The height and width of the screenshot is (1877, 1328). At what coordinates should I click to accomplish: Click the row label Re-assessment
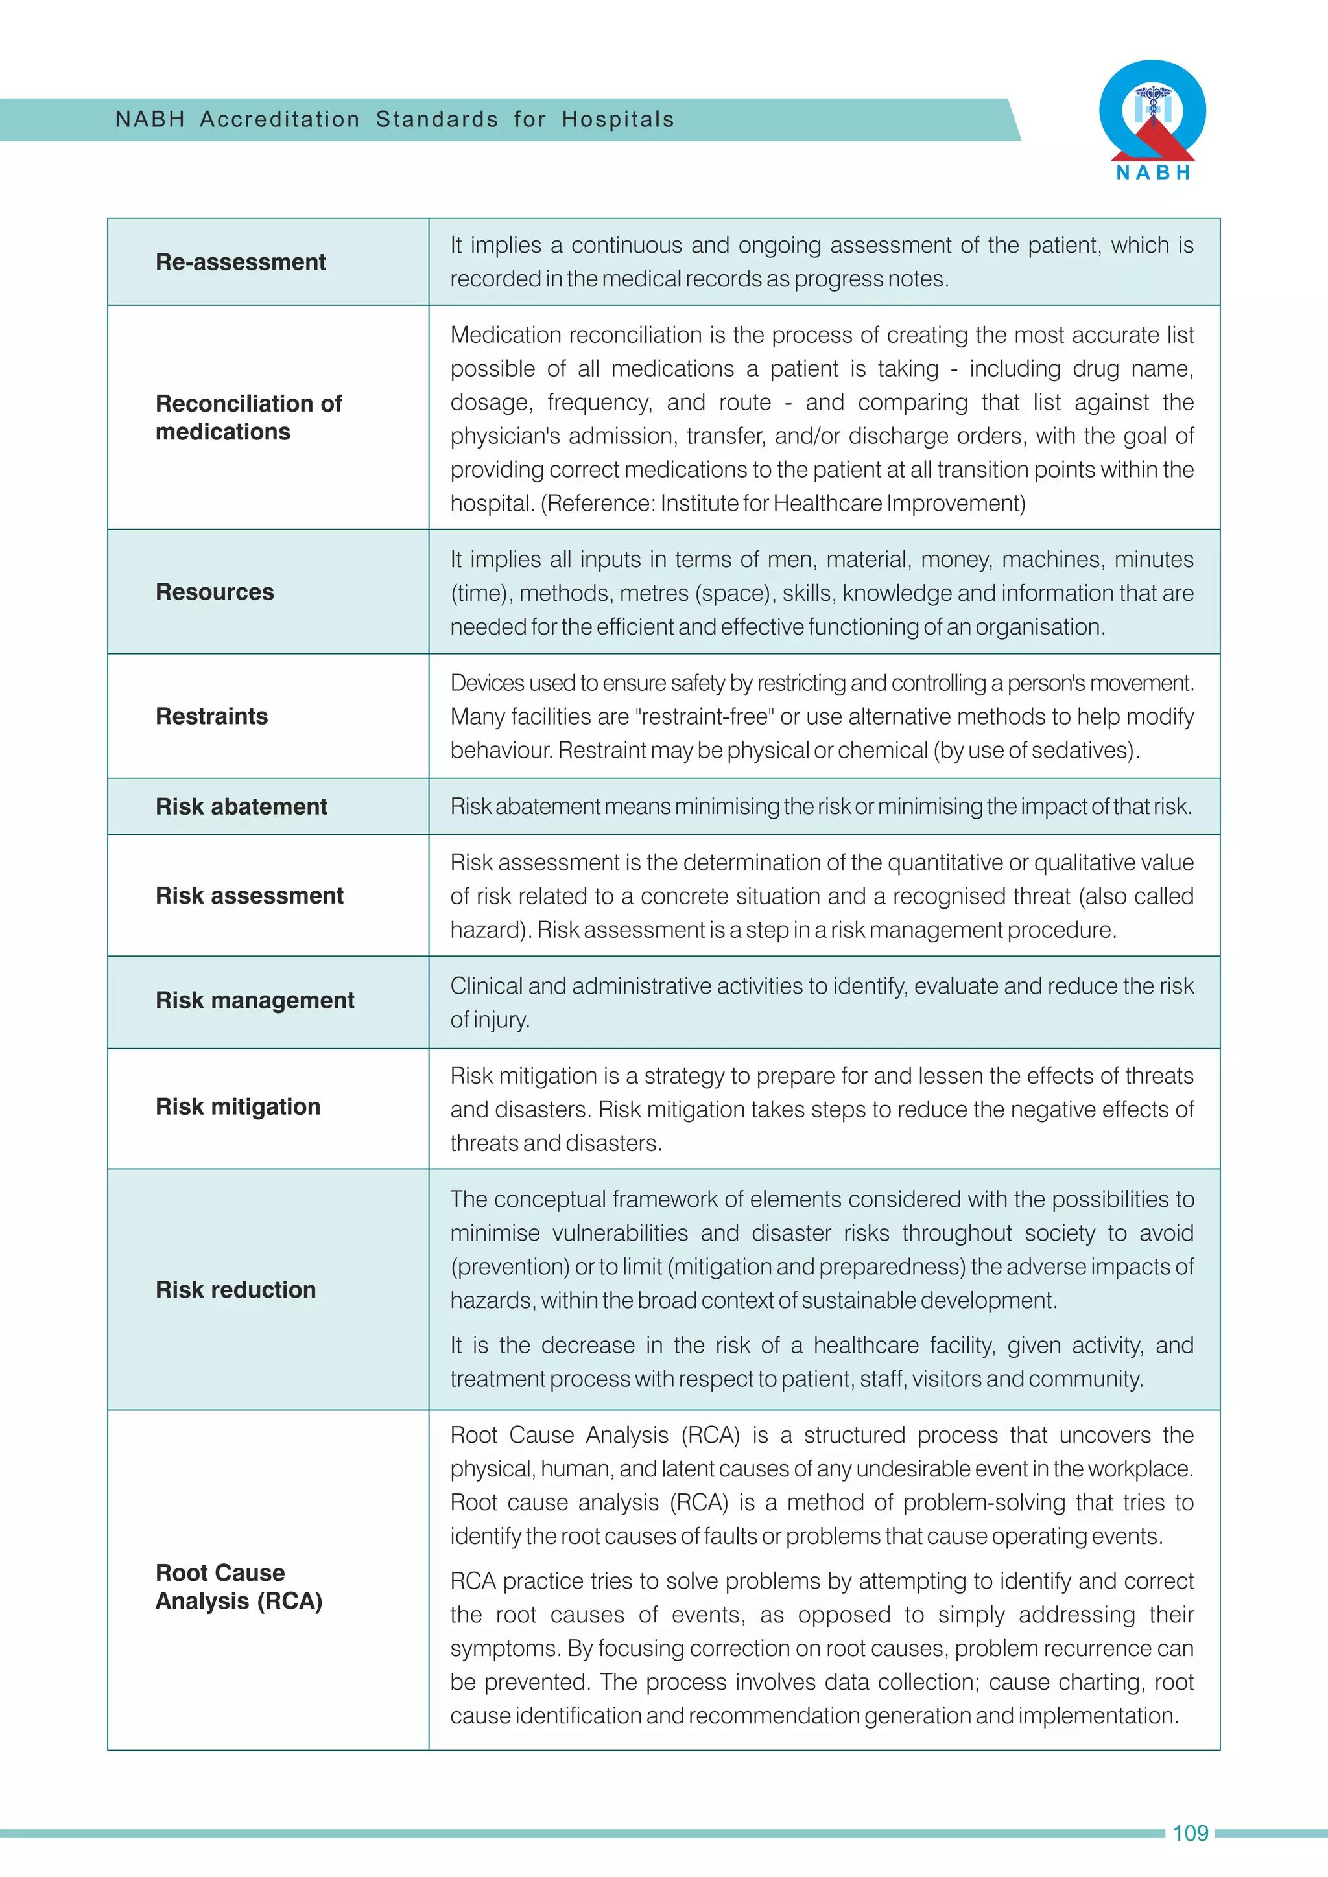click(x=241, y=262)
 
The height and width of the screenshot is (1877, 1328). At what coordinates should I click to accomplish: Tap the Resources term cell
click(x=215, y=592)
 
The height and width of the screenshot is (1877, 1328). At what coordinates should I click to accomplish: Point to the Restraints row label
click(x=212, y=716)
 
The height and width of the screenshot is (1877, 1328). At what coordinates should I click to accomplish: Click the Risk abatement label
click(x=241, y=807)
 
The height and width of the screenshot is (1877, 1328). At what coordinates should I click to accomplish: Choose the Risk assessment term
click(x=250, y=896)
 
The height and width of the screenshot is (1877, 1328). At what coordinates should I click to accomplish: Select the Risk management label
click(x=254, y=1001)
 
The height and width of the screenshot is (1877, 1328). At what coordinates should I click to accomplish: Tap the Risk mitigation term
click(x=238, y=1107)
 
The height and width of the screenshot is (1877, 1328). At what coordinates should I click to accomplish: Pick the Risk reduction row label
click(x=235, y=1290)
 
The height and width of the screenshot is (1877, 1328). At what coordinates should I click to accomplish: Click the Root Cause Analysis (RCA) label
click(x=239, y=1587)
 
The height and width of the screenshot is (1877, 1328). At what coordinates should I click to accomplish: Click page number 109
click(x=1190, y=1834)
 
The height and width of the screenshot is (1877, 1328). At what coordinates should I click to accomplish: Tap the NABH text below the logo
click(x=1153, y=172)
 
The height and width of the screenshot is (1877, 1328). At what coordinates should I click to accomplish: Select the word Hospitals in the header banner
click(x=617, y=119)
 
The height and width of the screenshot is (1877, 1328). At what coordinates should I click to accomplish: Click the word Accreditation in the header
click(x=279, y=119)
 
